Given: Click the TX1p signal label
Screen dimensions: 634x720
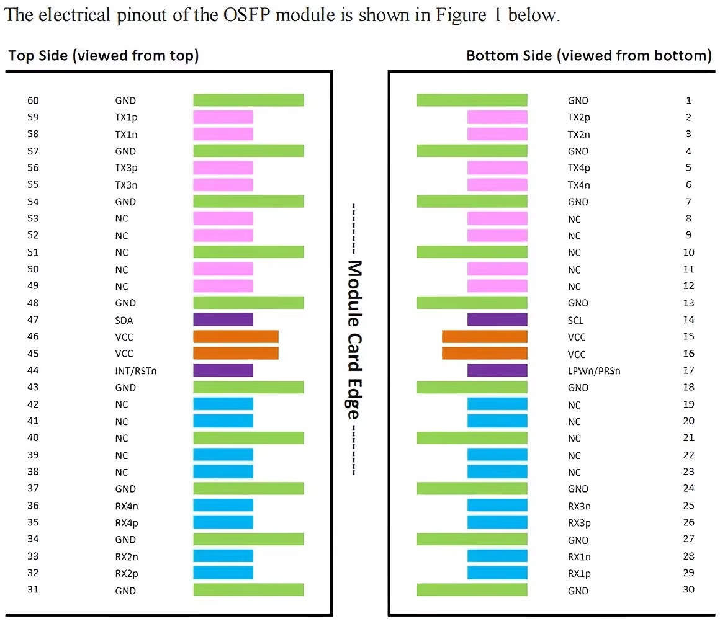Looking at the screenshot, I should (x=126, y=117).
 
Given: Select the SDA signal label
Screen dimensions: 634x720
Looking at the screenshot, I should (x=124, y=320).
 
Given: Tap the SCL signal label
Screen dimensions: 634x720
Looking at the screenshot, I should (x=575, y=320).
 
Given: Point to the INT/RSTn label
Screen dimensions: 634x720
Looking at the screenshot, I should (x=135, y=370).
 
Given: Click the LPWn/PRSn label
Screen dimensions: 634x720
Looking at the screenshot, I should (x=594, y=371).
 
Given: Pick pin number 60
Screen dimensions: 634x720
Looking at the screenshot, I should (x=34, y=100).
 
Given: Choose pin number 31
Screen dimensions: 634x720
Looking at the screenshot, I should (x=34, y=590).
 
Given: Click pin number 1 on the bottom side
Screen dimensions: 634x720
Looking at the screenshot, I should (x=689, y=100).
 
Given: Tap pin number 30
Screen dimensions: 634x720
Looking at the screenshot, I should (x=688, y=590).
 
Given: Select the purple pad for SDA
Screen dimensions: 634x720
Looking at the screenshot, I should (x=223, y=319).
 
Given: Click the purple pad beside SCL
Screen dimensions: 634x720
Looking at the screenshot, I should (x=497, y=319).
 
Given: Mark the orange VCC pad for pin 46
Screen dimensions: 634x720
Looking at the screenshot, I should (x=236, y=337).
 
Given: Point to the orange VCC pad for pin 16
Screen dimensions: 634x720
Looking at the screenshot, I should (x=485, y=354).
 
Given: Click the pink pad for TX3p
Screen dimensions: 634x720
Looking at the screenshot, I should (x=223, y=167).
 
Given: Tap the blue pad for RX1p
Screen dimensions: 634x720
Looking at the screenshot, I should (x=497, y=573).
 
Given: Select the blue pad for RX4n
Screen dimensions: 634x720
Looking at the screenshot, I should (x=223, y=506).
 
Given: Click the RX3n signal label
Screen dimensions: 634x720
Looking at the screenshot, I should (x=579, y=506).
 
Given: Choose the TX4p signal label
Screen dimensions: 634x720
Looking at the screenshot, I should (x=578, y=167).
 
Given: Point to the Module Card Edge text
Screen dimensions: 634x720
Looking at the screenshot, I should (x=354, y=339).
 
